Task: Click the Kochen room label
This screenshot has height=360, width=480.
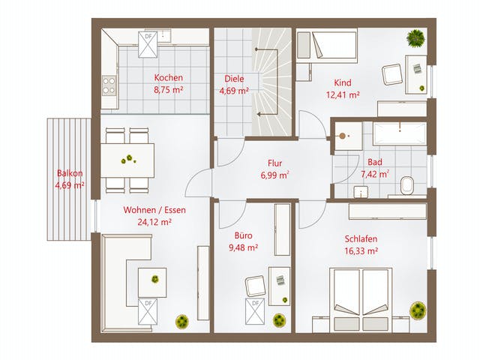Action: (x=168, y=78)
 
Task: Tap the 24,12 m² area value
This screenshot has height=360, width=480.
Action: (x=154, y=222)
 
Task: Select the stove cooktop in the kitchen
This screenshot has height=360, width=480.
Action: (x=109, y=85)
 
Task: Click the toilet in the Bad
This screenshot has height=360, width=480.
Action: (x=406, y=185)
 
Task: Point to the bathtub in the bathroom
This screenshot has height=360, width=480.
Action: (x=400, y=133)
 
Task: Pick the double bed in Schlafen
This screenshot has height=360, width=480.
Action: (x=361, y=300)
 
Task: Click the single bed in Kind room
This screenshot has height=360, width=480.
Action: (x=327, y=46)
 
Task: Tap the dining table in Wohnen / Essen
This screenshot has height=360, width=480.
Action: (x=127, y=160)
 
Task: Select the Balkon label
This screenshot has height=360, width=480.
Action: (x=70, y=173)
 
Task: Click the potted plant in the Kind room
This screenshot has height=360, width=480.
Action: (x=415, y=38)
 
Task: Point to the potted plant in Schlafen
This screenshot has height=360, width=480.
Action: (x=418, y=310)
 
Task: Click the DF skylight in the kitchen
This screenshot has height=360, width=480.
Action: (x=148, y=44)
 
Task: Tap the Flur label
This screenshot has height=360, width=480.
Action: (x=274, y=163)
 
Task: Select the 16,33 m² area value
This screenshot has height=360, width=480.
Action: (x=361, y=251)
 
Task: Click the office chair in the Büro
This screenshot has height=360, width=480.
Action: (x=256, y=286)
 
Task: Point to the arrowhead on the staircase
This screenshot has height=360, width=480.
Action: (x=259, y=115)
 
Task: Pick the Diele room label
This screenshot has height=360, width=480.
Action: (x=234, y=79)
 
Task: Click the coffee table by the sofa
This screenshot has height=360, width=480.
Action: (x=152, y=283)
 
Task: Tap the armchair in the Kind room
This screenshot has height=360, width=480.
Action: (x=391, y=75)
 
